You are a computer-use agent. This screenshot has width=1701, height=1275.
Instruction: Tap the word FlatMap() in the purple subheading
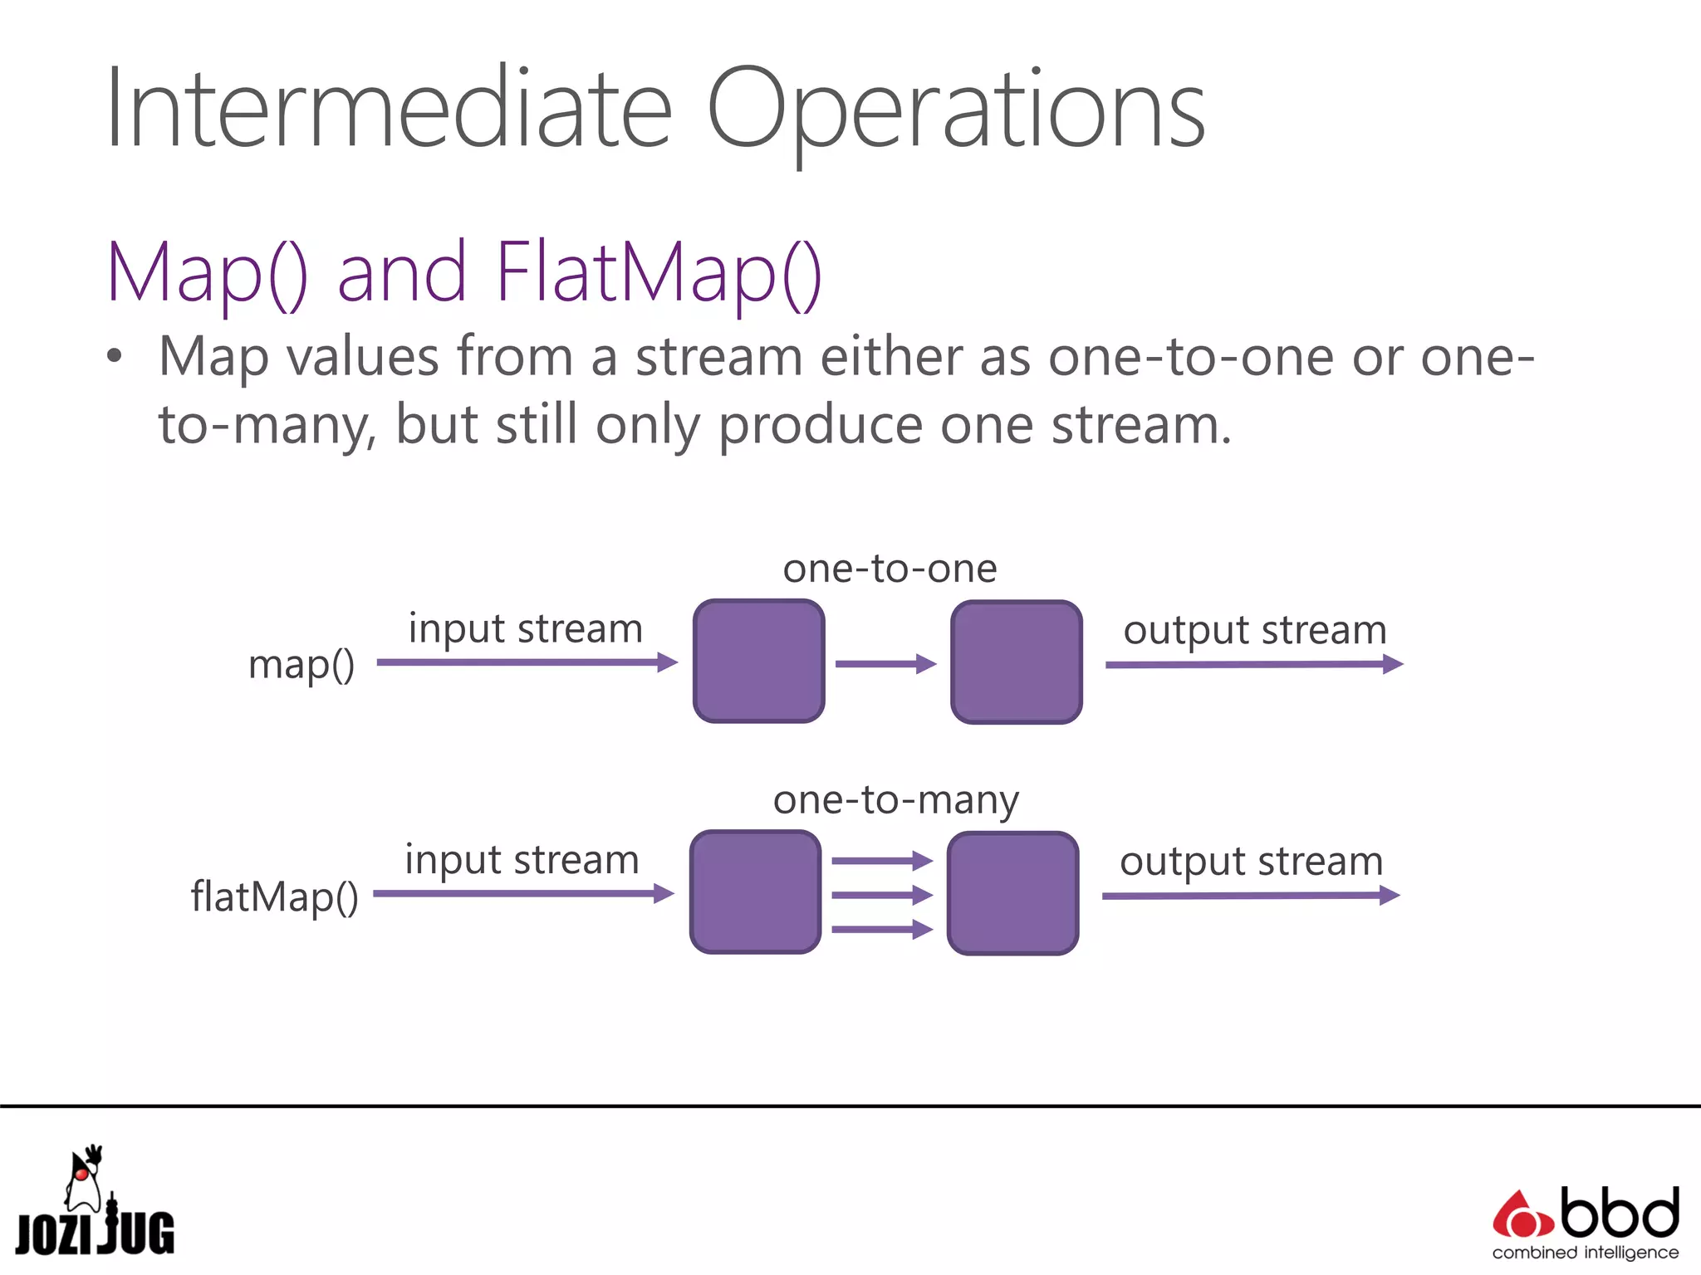[658, 272]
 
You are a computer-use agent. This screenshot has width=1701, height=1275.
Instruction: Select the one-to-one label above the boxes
[890, 569]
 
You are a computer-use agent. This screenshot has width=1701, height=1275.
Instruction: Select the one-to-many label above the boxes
[895, 801]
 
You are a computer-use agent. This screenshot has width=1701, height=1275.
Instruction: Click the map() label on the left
[301, 665]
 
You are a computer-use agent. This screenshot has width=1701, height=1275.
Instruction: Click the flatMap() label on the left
[275, 896]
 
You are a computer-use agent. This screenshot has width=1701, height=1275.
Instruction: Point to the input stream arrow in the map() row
[527, 662]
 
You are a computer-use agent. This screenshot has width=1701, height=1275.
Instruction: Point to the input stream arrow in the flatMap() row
[523, 894]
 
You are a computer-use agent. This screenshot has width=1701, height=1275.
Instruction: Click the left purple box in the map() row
[758, 662]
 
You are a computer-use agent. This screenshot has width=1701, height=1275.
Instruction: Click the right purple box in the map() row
[1016, 662]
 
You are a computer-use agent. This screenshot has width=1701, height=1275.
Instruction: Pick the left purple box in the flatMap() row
[755, 892]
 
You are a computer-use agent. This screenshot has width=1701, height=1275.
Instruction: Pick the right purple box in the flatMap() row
[1012, 893]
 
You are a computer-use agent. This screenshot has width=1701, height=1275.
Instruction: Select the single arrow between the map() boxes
[885, 664]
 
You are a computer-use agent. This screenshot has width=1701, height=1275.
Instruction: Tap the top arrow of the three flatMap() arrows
[882, 861]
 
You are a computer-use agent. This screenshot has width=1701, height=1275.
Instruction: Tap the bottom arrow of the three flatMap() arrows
[882, 930]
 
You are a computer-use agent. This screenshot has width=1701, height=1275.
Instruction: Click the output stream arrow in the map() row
[1253, 664]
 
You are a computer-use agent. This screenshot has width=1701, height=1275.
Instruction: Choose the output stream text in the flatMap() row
[1251, 862]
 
